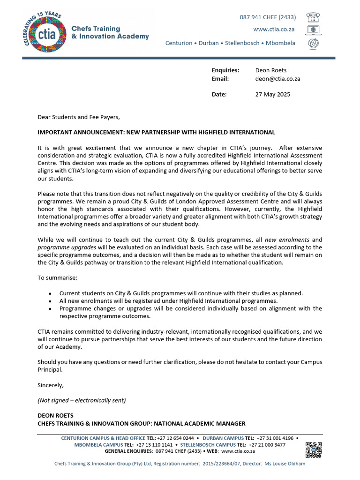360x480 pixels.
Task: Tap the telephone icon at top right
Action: click(x=313, y=17)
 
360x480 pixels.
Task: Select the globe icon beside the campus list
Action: click(x=313, y=43)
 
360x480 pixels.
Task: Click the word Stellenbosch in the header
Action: click(x=242, y=43)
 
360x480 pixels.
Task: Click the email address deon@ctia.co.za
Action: click(x=277, y=79)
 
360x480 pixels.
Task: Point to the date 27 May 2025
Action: click(x=272, y=94)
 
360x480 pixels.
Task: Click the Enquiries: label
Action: click(x=225, y=70)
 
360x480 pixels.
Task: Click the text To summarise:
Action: click(x=57, y=278)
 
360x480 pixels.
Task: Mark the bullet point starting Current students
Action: click(x=50, y=293)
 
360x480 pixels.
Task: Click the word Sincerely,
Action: click(x=50, y=385)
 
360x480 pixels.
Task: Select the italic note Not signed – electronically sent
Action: click(x=81, y=400)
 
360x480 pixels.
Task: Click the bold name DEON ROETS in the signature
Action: click(x=55, y=415)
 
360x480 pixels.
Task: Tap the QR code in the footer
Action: click(x=314, y=450)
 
